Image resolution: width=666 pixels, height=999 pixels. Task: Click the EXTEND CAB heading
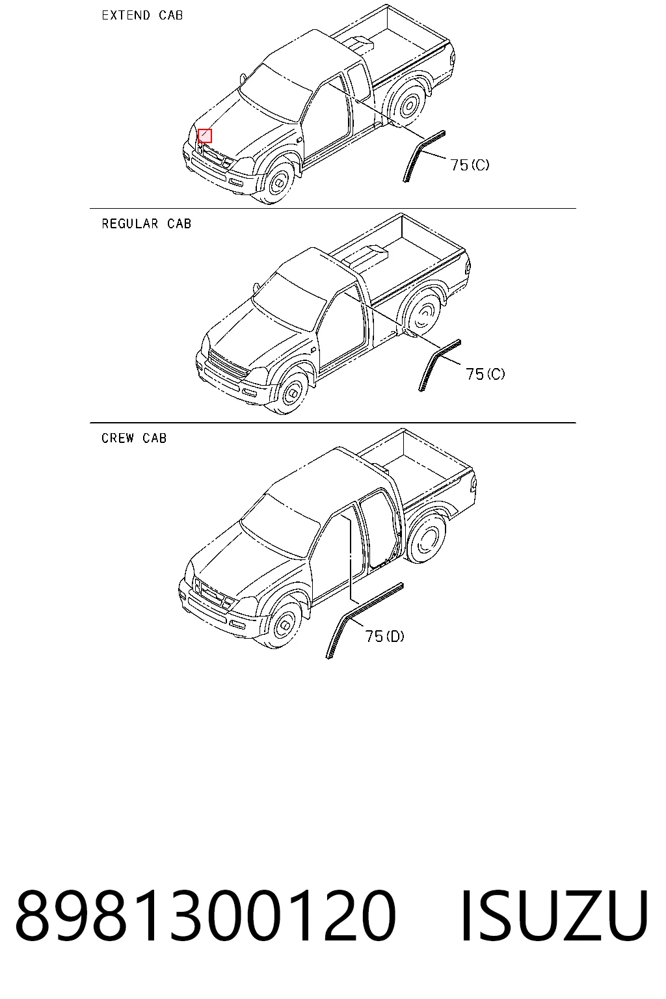(x=142, y=15)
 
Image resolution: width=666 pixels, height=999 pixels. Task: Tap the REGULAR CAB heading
(x=146, y=224)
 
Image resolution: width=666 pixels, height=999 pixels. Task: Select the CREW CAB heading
(x=134, y=438)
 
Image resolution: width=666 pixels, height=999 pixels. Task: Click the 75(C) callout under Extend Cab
(x=470, y=165)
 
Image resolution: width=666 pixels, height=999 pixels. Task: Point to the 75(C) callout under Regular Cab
(x=485, y=374)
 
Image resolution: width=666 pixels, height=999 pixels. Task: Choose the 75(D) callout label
(x=385, y=636)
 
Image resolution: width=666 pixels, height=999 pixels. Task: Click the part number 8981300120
(x=206, y=915)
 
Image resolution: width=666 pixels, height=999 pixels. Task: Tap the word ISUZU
(x=553, y=915)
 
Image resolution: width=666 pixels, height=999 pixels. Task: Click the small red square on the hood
(x=205, y=135)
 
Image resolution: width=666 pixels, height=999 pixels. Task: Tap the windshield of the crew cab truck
(x=280, y=526)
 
